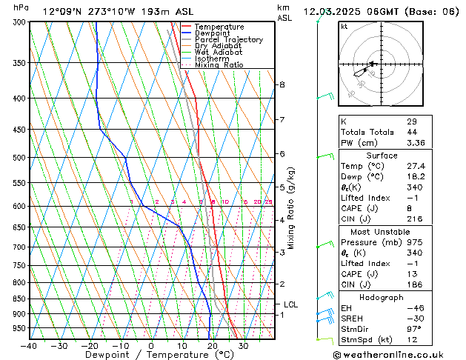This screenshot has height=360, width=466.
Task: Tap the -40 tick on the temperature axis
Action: (30, 346)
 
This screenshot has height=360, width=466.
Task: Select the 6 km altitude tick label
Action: (282, 154)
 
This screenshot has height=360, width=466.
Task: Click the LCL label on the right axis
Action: (291, 304)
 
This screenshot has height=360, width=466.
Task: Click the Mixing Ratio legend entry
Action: (219, 65)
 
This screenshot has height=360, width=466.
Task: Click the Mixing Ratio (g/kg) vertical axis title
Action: (292, 207)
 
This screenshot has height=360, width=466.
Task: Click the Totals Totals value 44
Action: (412, 132)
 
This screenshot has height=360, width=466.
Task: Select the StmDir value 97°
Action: (414, 329)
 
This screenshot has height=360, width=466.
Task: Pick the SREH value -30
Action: (414, 318)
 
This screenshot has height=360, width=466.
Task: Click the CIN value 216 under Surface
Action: (414, 219)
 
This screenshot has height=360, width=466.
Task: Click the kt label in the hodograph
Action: (344, 26)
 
